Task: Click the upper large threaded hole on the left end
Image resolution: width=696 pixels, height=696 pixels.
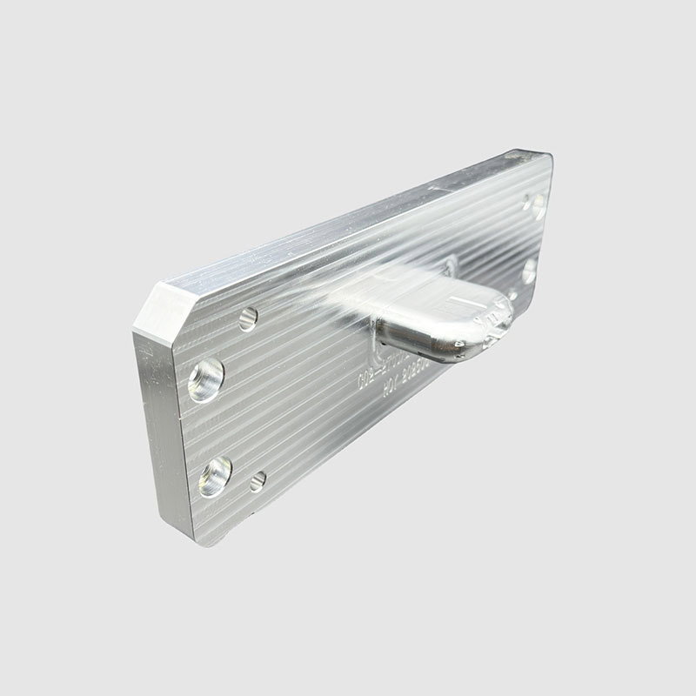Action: click(x=206, y=379)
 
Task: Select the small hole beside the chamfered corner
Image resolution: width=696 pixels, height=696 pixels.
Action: click(x=247, y=318)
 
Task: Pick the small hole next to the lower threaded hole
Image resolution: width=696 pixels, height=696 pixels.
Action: click(x=258, y=479)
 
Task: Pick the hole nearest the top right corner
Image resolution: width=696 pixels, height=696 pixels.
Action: click(x=536, y=205)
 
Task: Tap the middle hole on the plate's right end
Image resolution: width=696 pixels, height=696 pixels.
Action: click(x=530, y=271)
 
